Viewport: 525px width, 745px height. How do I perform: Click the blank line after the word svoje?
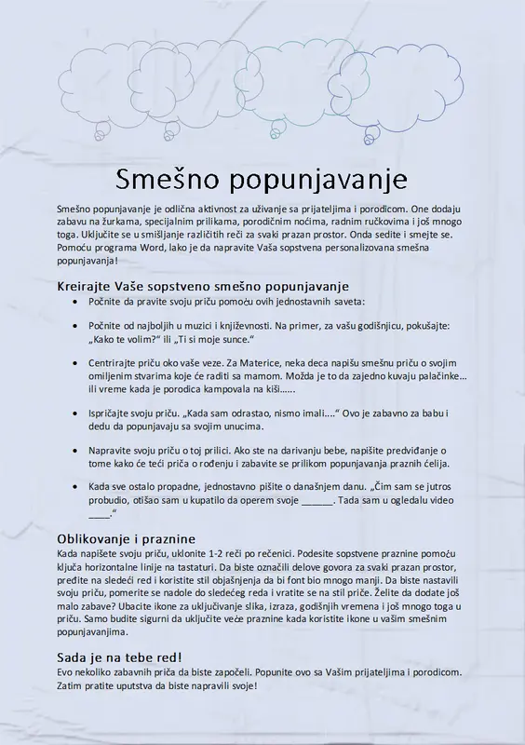click(317, 500)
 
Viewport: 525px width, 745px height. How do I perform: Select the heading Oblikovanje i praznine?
click(126, 539)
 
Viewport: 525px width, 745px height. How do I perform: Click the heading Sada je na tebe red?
click(119, 657)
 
